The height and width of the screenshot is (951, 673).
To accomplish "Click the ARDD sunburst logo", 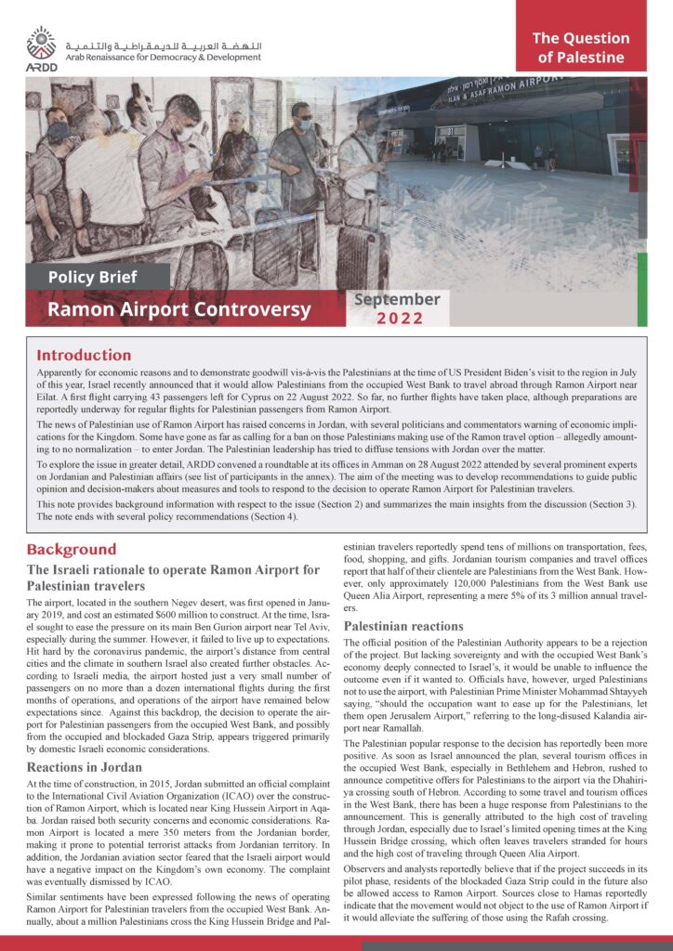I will click(41, 42).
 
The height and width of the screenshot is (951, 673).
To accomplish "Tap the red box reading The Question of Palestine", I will click(581, 48).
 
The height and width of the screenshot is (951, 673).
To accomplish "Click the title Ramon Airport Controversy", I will click(179, 308).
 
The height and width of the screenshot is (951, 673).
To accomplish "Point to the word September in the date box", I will click(397, 299).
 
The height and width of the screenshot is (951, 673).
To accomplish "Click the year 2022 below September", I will click(400, 319).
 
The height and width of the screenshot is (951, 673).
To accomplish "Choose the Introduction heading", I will click(84, 355).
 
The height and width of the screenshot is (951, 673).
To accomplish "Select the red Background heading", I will click(71, 549).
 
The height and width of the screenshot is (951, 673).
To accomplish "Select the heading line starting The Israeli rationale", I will click(172, 569).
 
